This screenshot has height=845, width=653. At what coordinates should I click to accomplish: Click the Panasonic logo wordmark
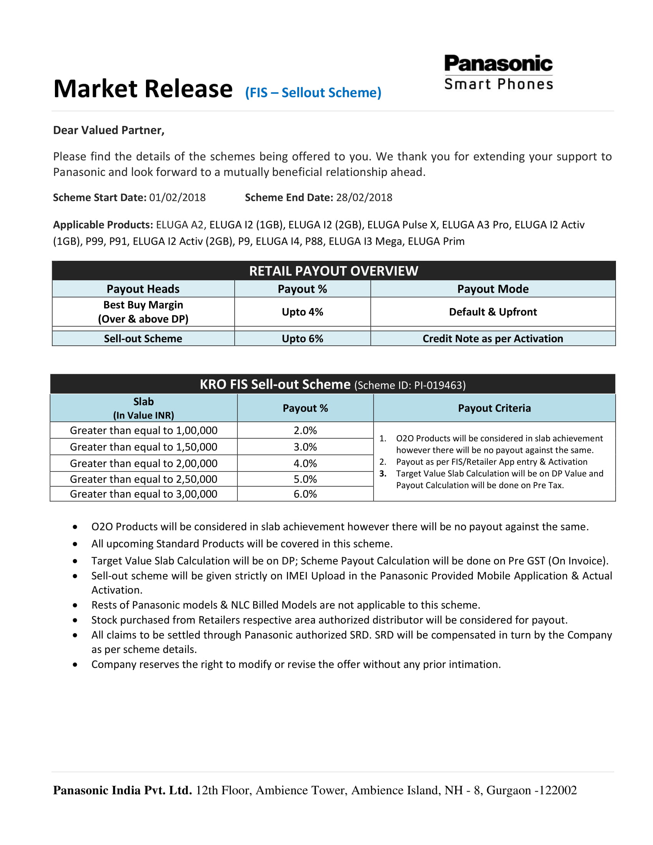pos(498,64)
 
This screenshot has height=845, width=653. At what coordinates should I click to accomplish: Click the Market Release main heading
pos(143,89)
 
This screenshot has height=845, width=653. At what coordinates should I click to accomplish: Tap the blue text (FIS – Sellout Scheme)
pos(313,93)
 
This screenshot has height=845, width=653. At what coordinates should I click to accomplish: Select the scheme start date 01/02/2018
pos(177,198)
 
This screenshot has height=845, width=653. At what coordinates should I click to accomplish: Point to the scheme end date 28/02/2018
pos(364,198)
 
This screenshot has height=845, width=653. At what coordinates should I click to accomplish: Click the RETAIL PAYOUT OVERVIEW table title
pos(333,271)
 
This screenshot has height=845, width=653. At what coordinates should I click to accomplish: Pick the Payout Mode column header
pos(492,289)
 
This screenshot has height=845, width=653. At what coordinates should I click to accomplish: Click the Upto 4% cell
pos(302,312)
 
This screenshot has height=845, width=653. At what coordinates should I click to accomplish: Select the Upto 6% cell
pos(302,338)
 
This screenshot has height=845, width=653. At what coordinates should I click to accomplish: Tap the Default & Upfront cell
pos(492,312)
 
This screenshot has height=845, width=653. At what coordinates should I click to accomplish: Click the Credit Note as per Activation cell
pos(492,338)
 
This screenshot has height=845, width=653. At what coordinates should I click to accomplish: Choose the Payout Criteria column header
pos(494,408)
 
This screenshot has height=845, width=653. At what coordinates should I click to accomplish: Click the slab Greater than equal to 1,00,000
pos(144,431)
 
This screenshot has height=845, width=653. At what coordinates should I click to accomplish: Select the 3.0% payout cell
pos(305,447)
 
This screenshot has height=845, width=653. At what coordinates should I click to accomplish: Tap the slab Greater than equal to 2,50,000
pos(144,479)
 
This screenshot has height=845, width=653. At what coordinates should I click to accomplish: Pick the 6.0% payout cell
pos(305,494)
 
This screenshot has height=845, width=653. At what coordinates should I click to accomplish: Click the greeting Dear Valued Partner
pos(109,130)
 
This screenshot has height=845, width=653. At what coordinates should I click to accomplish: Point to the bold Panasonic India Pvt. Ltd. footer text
pos(122,790)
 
